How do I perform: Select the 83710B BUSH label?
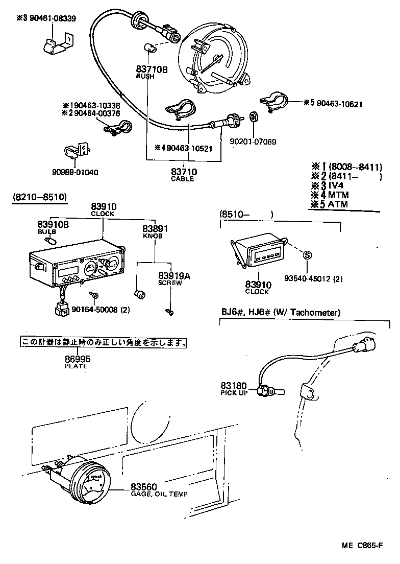click(152, 72)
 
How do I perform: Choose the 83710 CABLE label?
click(184, 175)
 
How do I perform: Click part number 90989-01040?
click(74, 172)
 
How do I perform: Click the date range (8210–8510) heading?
click(39, 197)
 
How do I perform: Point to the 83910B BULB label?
click(53, 227)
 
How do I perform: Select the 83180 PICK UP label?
click(234, 388)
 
